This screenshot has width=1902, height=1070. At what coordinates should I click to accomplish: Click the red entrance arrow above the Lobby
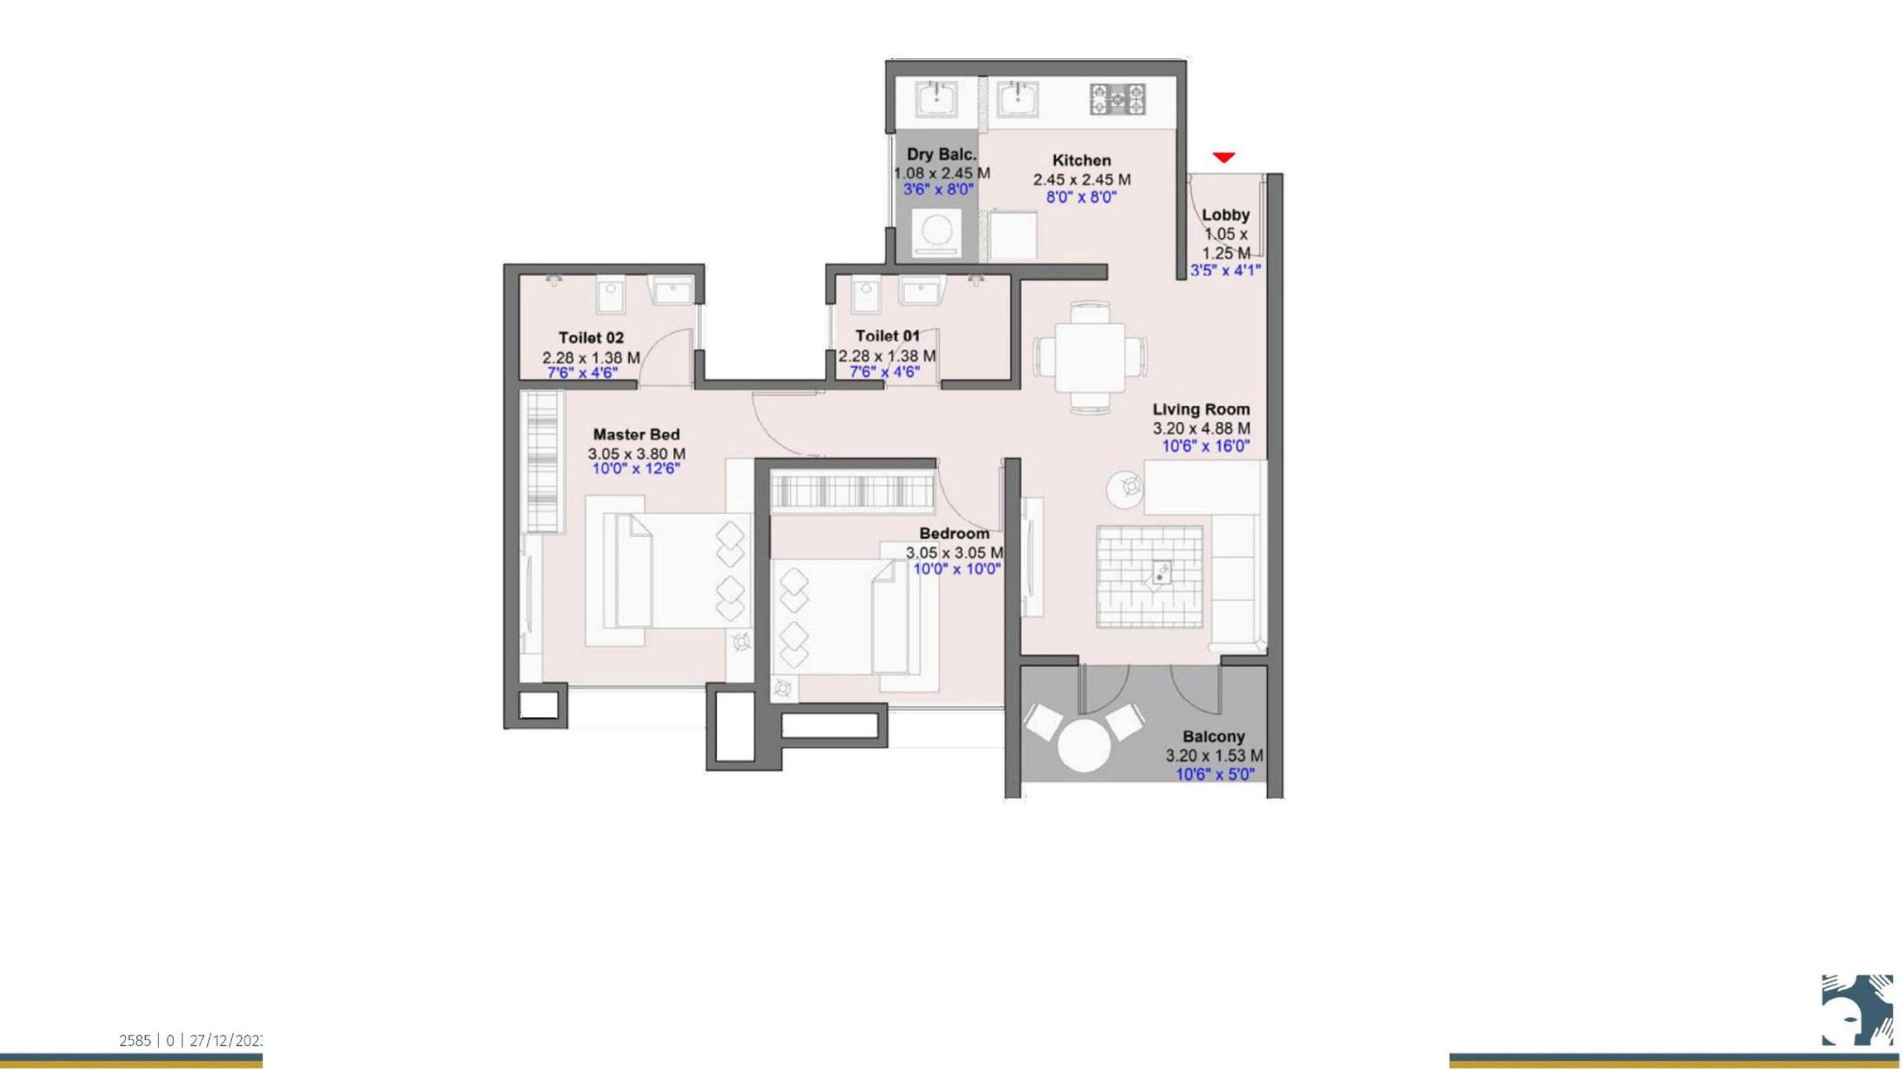[1223, 157]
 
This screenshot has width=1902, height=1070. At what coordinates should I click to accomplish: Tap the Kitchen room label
[1081, 161]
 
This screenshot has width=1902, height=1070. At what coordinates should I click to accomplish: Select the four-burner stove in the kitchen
[1117, 99]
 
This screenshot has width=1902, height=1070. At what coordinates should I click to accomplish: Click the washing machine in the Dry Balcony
[936, 231]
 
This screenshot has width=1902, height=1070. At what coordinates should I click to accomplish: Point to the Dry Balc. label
[941, 154]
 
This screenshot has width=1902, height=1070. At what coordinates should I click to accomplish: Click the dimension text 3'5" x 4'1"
[1225, 270]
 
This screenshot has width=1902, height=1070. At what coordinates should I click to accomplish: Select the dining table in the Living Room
[1090, 357]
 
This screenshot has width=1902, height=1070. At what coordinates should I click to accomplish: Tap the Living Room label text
[1201, 409]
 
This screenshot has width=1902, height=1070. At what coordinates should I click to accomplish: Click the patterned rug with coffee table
[1149, 575]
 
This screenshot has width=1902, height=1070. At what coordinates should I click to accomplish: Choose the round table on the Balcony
[1083, 745]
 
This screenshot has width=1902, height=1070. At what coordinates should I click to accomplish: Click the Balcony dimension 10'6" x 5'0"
[1215, 774]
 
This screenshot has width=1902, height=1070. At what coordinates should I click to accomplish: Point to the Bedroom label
[954, 534]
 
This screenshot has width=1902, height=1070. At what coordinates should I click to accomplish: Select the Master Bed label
[636, 434]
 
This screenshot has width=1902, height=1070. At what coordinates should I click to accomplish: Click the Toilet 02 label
[590, 338]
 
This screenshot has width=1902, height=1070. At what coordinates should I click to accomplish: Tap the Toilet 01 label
[887, 336]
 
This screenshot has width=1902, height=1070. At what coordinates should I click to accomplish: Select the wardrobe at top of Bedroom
[851, 491]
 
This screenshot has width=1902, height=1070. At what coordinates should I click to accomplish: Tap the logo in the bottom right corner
[1856, 1009]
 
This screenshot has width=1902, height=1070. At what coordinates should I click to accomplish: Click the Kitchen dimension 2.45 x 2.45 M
[1081, 180]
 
